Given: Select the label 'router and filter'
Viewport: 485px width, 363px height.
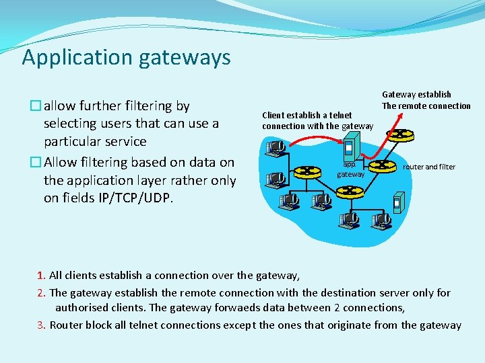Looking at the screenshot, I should click(429, 167).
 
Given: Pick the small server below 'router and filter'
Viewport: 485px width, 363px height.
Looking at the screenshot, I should click(397, 201).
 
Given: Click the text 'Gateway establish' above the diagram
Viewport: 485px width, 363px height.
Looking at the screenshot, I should click(416, 95).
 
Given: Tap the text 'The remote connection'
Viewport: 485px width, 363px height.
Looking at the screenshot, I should click(426, 106).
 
